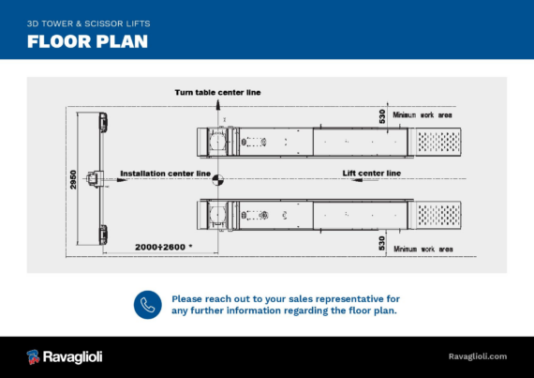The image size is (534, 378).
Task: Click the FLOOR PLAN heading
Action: (x=87, y=41)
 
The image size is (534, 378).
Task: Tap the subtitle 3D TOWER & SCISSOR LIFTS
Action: (x=89, y=23)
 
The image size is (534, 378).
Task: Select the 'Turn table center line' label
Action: (x=217, y=92)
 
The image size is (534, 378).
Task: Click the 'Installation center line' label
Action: (x=166, y=174)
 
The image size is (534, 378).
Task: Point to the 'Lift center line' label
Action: (x=372, y=174)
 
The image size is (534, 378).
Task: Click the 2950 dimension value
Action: (x=73, y=180)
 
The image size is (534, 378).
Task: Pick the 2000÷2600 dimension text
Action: (x=163, y=247)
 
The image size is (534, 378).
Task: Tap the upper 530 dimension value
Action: (x=382, y=116)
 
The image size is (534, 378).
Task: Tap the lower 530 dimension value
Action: (x=382, y=243)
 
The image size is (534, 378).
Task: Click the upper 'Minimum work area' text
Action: (x=423, y=114)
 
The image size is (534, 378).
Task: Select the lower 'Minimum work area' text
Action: (x=423, y=249)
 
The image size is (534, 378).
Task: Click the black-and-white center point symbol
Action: (x=218, y=180)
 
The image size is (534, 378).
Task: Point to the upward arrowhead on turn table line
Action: (x=218, y=104)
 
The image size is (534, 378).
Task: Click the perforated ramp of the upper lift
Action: (x=438, y=142)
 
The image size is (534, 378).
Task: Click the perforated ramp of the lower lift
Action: (x=438, y=215)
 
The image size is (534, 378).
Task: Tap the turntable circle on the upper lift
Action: (x=217, y=141)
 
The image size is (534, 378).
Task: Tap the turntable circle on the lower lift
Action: (x=217, y=215)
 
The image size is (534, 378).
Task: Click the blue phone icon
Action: (x=148, y=305)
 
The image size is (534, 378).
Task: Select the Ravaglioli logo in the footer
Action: (x=65, y=356)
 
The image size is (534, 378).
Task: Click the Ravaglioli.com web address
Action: (x=478, y=356)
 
